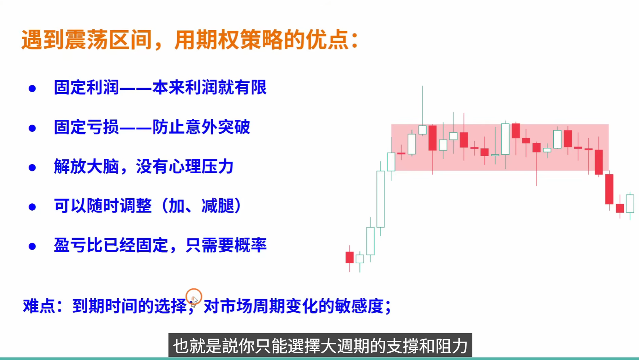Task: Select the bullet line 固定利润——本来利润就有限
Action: (160, 88)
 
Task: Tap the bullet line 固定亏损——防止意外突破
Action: (152, 127)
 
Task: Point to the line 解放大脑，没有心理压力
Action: (143, 167)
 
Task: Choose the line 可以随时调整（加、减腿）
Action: (147, 206)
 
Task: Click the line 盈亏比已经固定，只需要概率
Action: (160, 245)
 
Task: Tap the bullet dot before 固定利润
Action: (32, 89)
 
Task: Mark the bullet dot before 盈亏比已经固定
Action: (32, 247)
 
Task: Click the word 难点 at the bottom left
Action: (39, 306)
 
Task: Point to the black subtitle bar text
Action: (320, 345)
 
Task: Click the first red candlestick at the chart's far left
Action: (350, 257)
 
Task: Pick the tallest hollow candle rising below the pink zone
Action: (380, 199)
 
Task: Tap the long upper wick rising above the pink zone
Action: (422, 105)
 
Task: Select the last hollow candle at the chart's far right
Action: (630, 203)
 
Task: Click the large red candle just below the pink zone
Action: (609, 189)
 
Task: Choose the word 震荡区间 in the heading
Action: (109, 40)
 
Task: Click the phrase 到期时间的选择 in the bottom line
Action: (129, 306)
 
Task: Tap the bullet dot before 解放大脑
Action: (32, 168)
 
